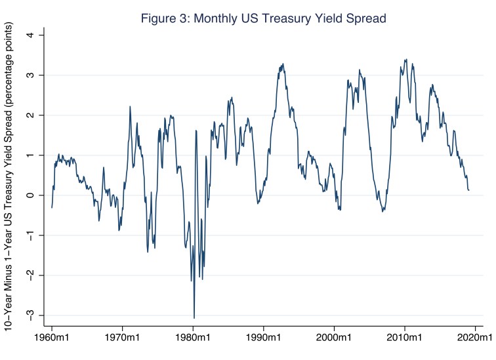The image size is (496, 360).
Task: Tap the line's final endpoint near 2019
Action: coord(469,190)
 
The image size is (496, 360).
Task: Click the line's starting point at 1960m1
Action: coord(52,207)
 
